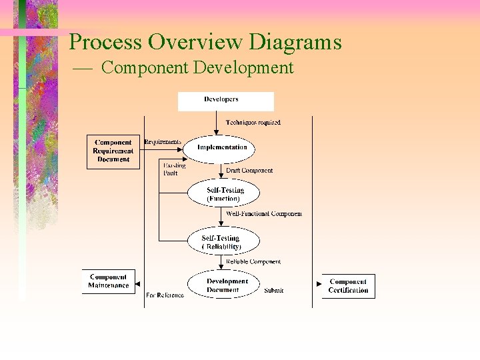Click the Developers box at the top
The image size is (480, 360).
point(225,101)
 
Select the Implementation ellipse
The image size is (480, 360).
point(222,148)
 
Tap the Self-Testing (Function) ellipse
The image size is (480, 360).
point(223,194)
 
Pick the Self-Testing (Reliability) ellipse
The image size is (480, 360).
point(221,242)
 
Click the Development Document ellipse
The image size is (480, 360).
point(223,285)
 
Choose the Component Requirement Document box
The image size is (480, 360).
point(113,151)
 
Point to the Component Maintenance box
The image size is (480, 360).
point(108,281)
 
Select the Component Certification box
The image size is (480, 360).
point(348,286)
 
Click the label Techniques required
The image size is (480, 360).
point(253,123)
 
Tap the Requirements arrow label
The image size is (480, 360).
point(162,141)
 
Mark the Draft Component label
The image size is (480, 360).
point(249,171)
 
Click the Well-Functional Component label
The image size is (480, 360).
point(264,214)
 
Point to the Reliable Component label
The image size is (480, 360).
point(253,262)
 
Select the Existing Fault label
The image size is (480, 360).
point(175,169)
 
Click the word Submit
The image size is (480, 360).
point(273,291)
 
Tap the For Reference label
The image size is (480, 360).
point(165,295)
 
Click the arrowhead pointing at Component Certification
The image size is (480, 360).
point(319,283)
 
